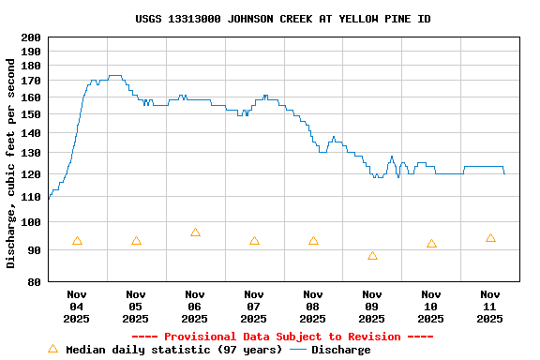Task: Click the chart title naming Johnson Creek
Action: pyautogui.click(x=283, y=19)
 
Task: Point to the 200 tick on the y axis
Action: pyautogui.click(x=31, y=37)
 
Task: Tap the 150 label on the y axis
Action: pyautogui.click(x=31, y=115)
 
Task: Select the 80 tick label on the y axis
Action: pyautogui.click(x=34, y=282)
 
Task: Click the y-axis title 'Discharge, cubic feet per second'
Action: pyautogui.click(x=11, y=163)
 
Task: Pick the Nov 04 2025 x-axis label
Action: pyautogui.click(x=77, y=306)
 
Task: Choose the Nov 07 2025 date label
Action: pyautogui.click(x=254, y=306)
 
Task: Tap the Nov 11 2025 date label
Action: pyautogui.click(x=490, y=306)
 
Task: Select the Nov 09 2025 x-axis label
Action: pyautogui.click(x=372, y=306)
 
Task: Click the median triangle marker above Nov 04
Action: pyautogui.click(x=77, y=241)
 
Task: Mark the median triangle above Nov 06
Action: pyautogui.click(x=195, y=232)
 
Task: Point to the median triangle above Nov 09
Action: pyautogui.click(x=372, y=256)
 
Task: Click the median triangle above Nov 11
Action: pyautogui.click(x=490, y=238)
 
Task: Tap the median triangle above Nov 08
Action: pyautogui.click(x=313, y=241)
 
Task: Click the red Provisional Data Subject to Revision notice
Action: pyautogui.click(x=282, y=337)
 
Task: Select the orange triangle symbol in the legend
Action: pyautogui.click(x=52, y=349)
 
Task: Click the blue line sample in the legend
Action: pyautogui.click(x=298, y=350)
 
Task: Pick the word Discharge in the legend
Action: pyautogui.click(x=340, y=350)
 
